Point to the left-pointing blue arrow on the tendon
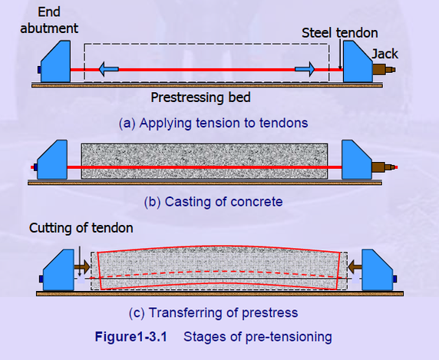pos(107,70)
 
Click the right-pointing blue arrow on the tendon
pos(305,70)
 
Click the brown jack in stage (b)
pos(382,165)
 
